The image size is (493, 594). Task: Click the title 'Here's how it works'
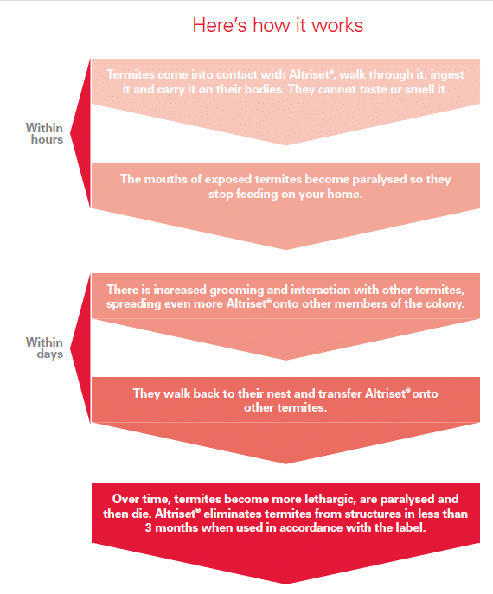278,25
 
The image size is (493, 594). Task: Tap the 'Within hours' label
44,133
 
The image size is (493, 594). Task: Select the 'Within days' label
44,348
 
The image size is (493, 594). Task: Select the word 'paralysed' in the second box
380,180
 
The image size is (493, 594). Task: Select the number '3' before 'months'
149,527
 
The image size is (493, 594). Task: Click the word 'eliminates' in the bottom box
230,514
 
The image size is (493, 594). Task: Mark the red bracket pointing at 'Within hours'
80,133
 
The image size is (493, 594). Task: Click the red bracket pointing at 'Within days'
80,348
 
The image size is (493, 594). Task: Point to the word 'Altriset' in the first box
311,74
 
